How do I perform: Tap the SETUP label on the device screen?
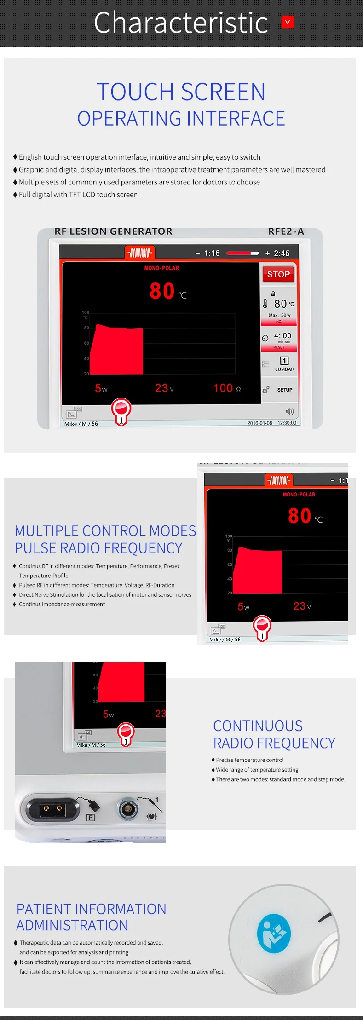tap(285, 390)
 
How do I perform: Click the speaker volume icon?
tap(289, 411)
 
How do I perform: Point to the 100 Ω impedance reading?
tap(226, 388)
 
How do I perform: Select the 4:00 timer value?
tap(282, 336)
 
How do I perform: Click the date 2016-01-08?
tap(259, 423)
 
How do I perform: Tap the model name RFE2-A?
tap(286, 231)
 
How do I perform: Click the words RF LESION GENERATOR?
tap(113, 231)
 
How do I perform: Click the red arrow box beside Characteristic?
tap(288, 22)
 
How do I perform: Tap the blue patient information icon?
tap(274, 933)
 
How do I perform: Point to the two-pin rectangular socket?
tap(52, 809)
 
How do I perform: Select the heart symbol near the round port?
tap(151, 817)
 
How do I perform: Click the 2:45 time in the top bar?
tap(282, 253)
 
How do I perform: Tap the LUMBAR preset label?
tap(284, 369)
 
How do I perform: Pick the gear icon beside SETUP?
tap(265, 390)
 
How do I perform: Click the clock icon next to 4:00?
tap(265, 338)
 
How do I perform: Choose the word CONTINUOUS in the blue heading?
tap(258, 726)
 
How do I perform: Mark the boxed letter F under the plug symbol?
tap(91, 818)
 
